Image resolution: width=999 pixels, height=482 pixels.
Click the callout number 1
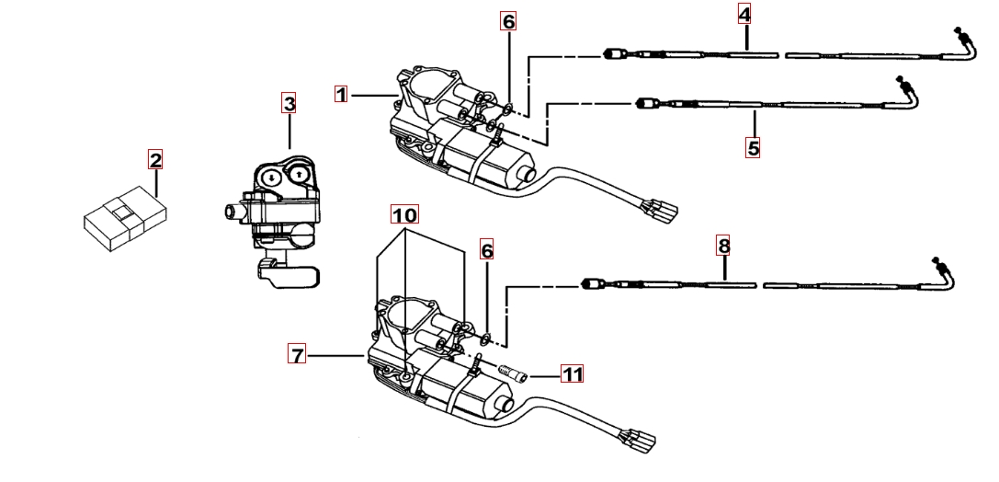(x=341, y=94)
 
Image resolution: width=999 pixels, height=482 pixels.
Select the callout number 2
(x=155, y=161)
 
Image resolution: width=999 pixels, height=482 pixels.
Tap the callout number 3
(x=289, y=104)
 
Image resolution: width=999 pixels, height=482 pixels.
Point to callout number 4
(x=744, y=14)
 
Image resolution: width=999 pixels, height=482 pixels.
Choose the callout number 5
(x=753, y=147)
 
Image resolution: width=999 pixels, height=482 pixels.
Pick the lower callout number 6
(x=487, y=250)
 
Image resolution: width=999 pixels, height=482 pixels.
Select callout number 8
(x=724, y=246)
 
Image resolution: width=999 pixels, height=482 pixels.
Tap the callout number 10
(x=404, y=214)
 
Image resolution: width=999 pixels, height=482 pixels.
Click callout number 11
(x=573, y=374)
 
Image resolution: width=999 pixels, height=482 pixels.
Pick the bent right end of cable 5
(x=910, y=91)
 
